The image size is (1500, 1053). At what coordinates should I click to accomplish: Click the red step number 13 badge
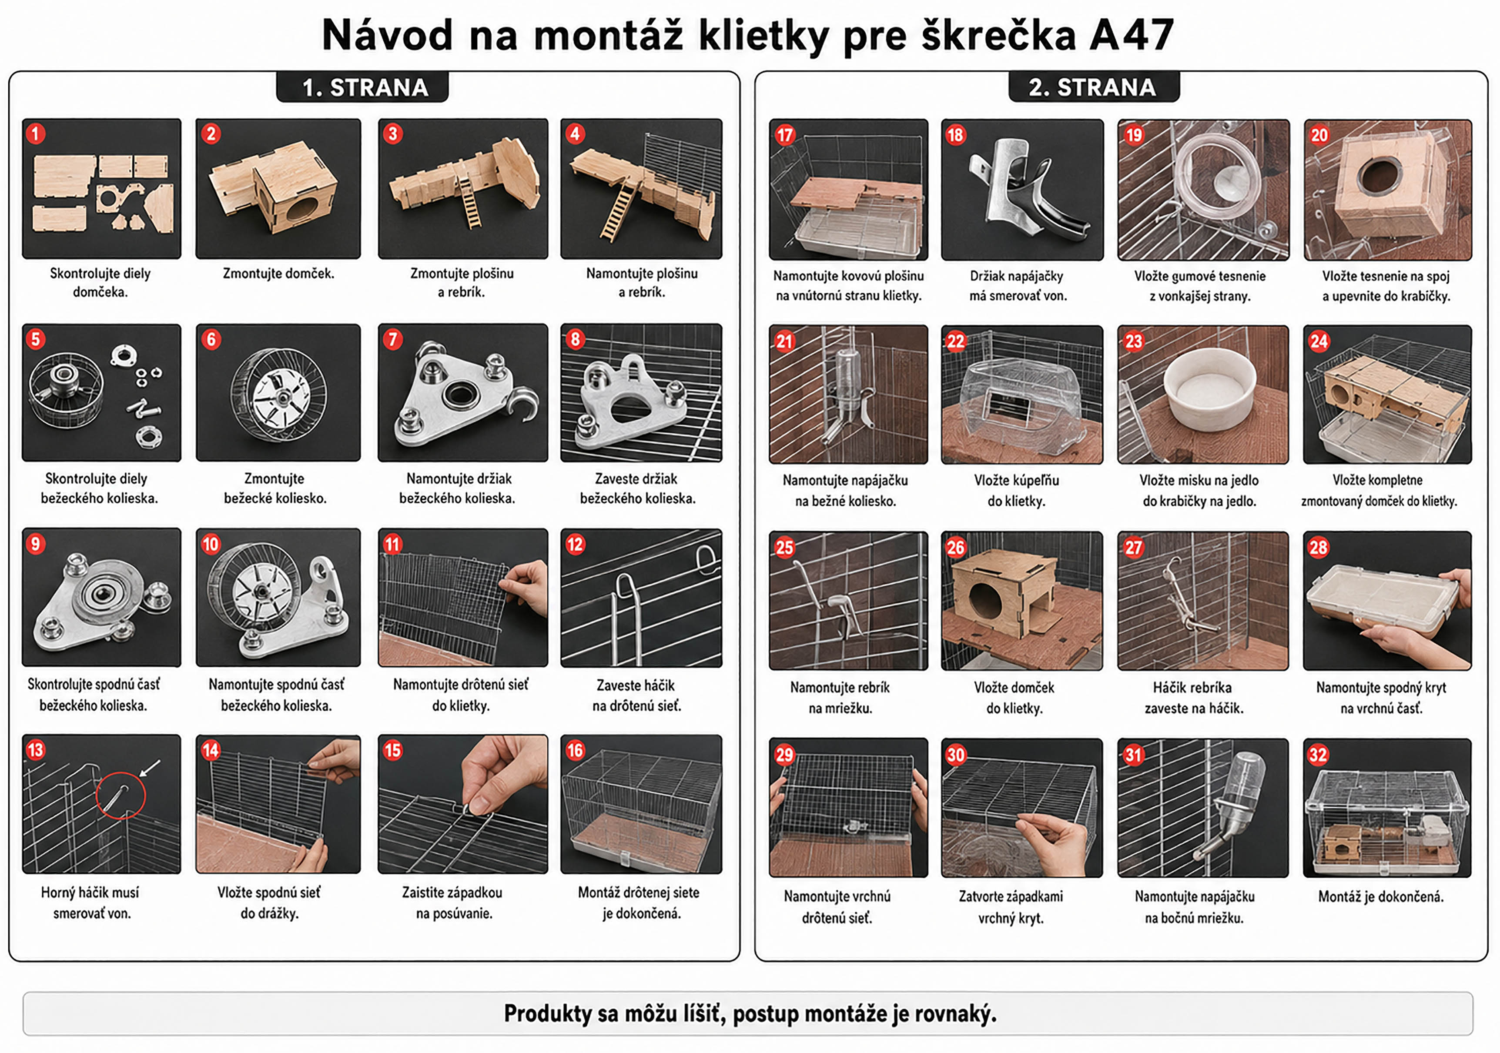tap(35, 749)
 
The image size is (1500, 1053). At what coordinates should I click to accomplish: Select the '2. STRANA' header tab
tap(1094, 87)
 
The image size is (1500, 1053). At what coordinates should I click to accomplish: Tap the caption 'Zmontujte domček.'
tap(278, 274)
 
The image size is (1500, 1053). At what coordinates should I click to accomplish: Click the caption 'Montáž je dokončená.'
tap(1380, 896)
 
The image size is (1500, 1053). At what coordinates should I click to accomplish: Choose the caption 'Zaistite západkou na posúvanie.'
tap(453, 902)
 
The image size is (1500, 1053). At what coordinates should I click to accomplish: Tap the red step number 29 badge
tap(784, 755)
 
